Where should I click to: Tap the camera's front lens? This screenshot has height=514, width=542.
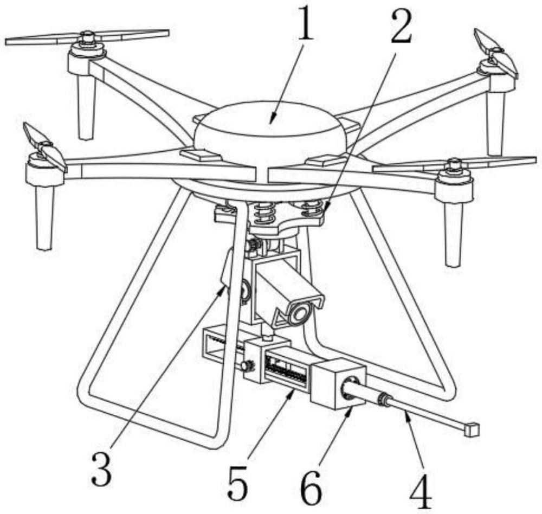coord(299,313)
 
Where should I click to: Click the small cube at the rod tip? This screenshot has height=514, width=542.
coord(472,429)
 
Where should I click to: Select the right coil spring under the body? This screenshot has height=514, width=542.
coord(312,208)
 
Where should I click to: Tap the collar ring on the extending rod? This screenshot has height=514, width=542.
coord(385,401)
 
